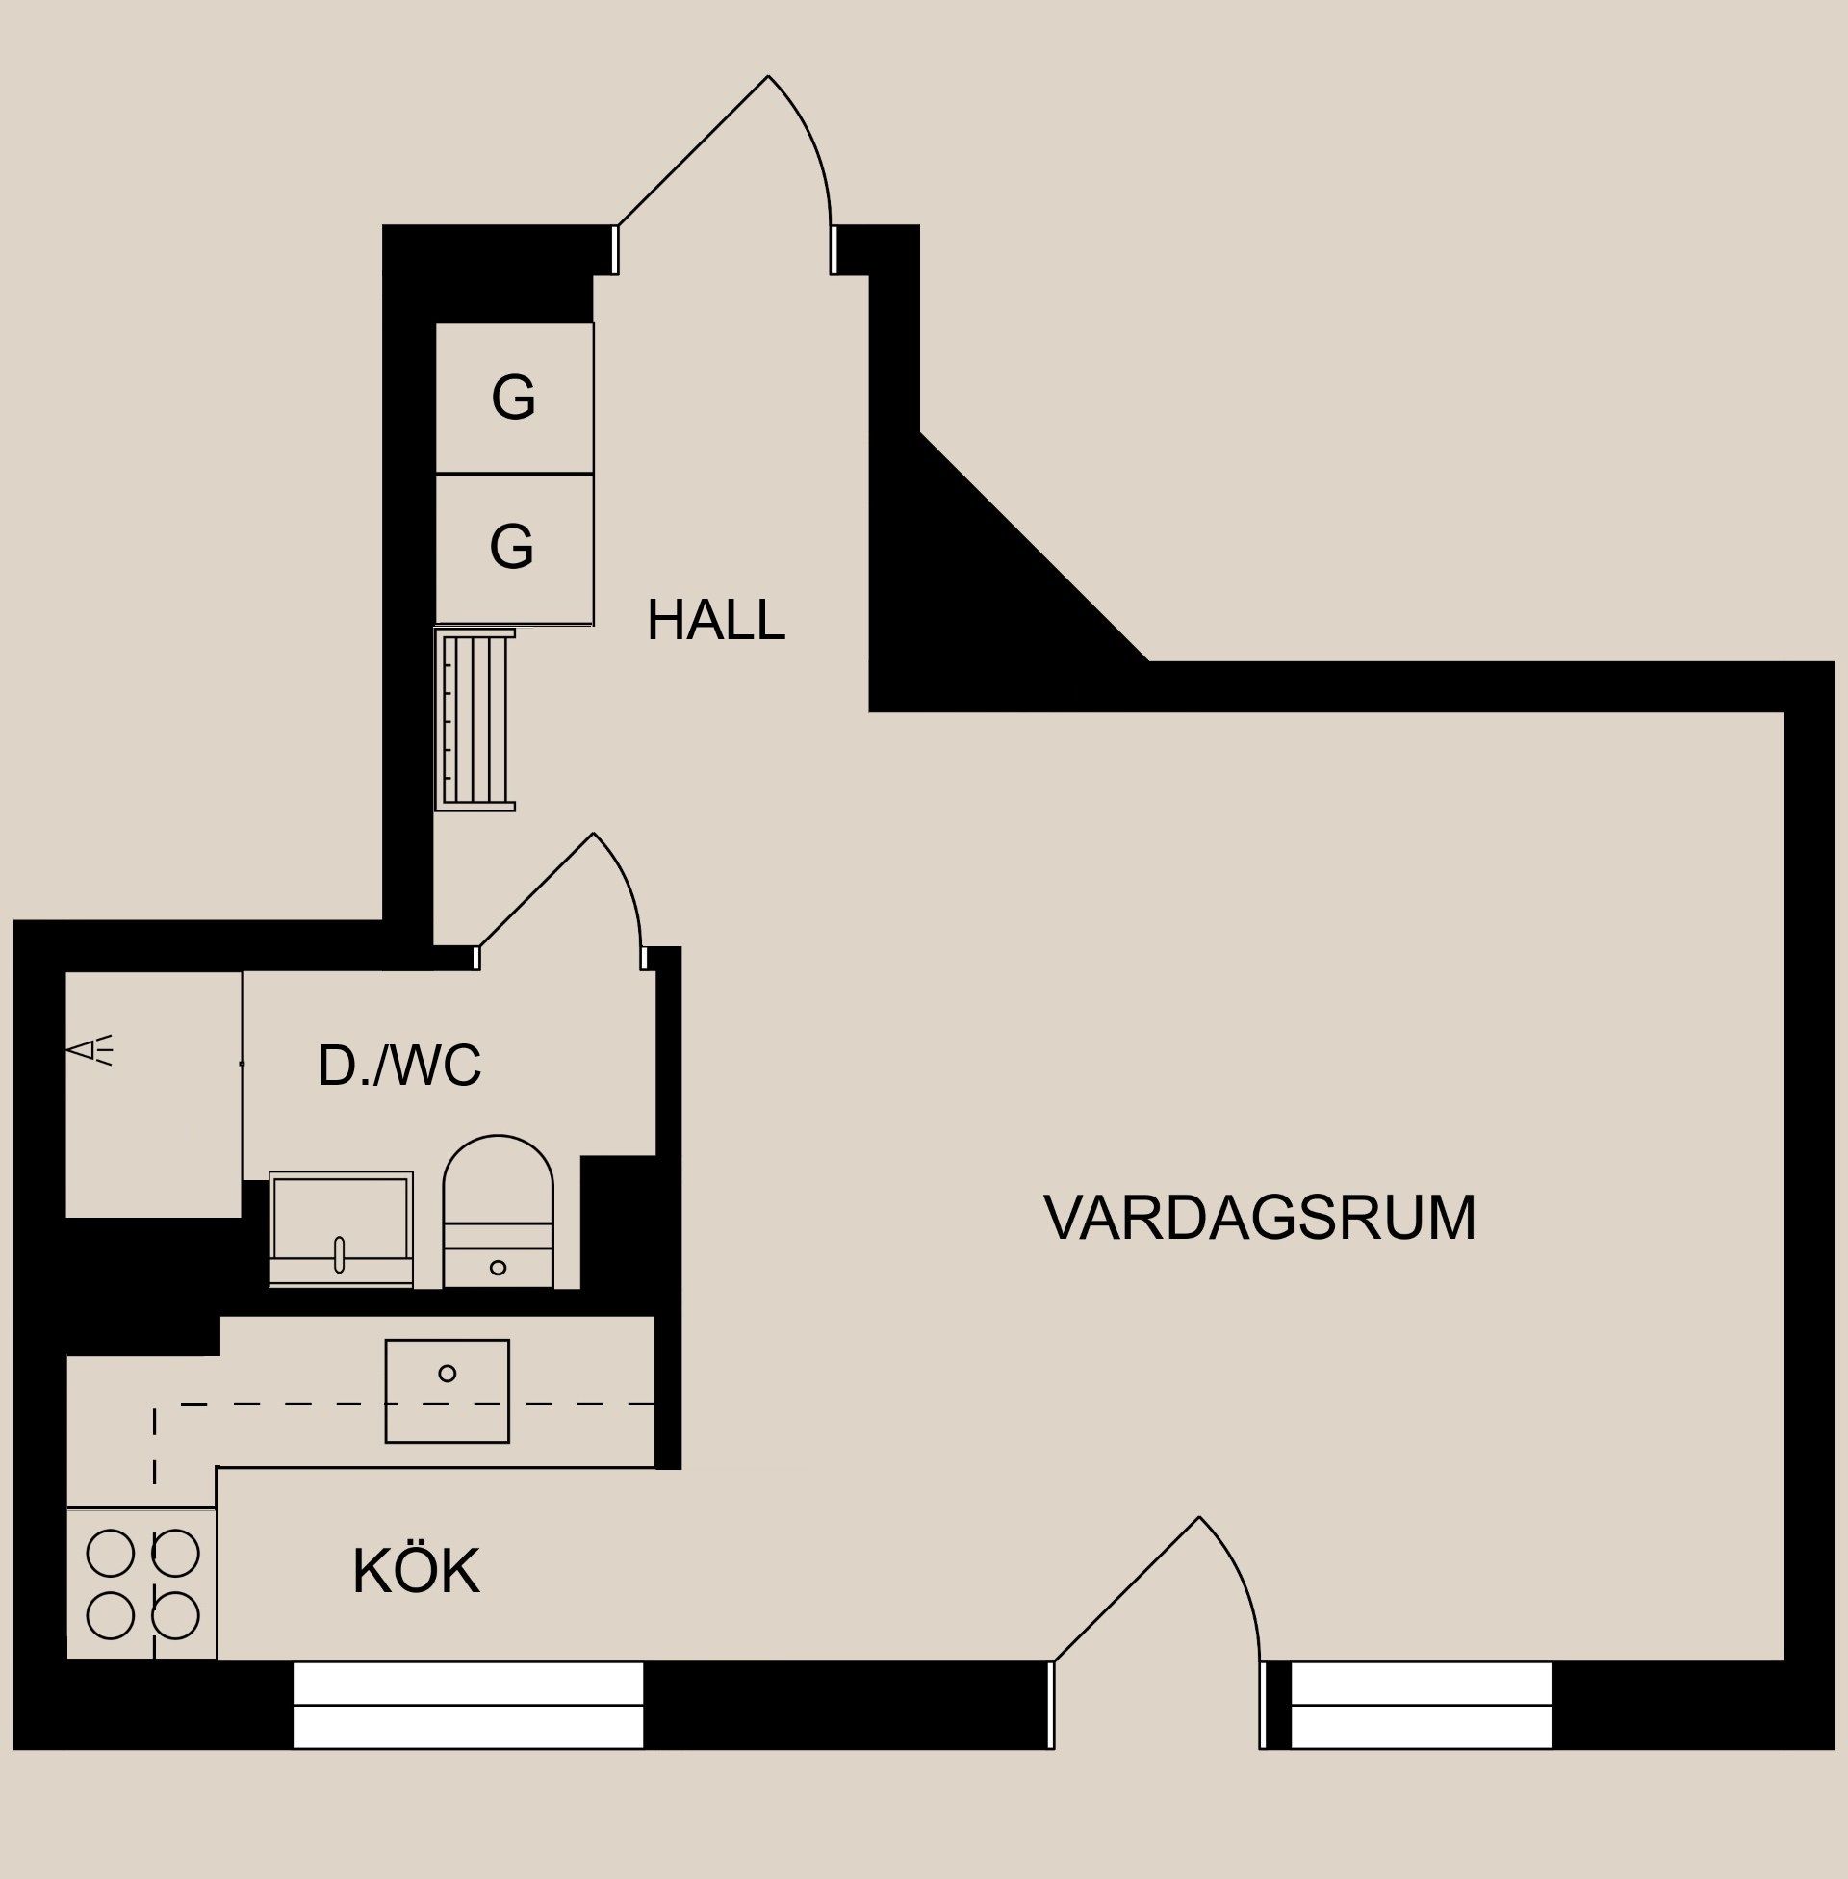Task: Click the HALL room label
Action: [x=715, y=621]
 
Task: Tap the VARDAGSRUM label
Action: [x=1259, y=1219]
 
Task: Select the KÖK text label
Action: [x=416, y=1571]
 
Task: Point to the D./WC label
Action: [x=398, y=1067]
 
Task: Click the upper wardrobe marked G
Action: [x=513, y=398]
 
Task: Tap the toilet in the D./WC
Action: [x=498, y=1213]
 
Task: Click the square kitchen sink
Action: [x=448, y=1391]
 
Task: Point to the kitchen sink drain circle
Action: [x=448, y=1374]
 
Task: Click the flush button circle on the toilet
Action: [x=498, y=1268]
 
